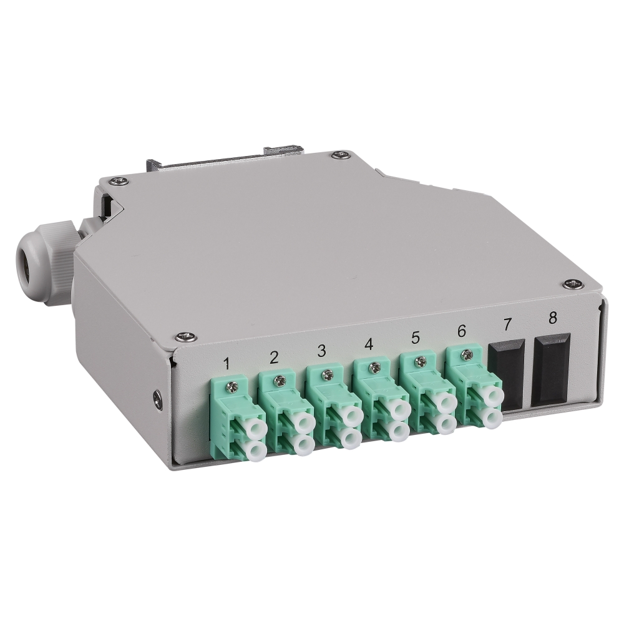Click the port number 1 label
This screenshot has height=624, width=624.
tap(227, 363)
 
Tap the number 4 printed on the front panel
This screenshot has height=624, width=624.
tap(369, 344)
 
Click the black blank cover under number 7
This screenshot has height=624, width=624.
tap(506, 374)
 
